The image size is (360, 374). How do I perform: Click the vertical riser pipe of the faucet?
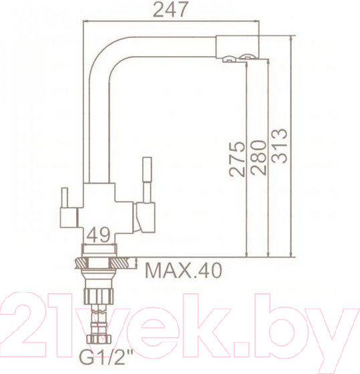100,127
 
